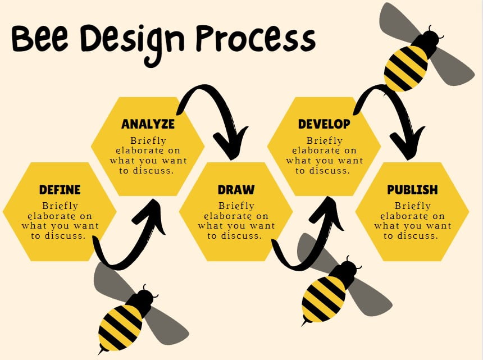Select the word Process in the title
point(256,39)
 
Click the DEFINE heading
point(60,190)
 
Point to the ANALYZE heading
point(148,124)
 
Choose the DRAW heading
point(236,190)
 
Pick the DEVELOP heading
point(324,124)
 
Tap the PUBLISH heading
point(412,190)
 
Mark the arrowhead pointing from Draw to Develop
point(327,213)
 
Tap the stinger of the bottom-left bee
point(101,351)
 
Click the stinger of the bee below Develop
point(305,322)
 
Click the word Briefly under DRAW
point(236,206)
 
